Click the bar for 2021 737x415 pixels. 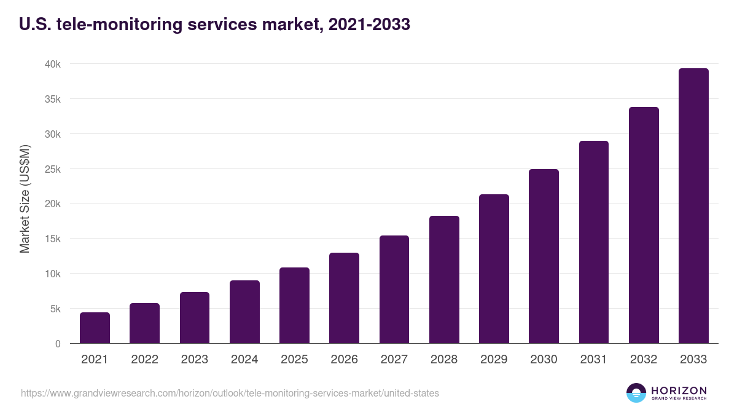(x=95, y=328)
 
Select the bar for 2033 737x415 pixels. (x=693, y=206)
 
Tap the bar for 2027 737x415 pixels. (x=394, y=290)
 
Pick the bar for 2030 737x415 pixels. (x=544, y=256)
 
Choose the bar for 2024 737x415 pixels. (x=244, y=312)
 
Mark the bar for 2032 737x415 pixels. (x=644, y=225)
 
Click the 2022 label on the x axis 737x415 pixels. (x=144, y=360)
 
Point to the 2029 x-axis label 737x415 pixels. (x=494, y=360)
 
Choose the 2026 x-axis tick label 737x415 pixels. (x=344, y=360)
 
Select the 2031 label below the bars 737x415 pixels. (x=593, y=360)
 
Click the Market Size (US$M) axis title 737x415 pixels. (x=25, y=198)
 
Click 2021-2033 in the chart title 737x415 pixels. (x=369, y=25)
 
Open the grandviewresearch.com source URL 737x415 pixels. (x=230, y=393)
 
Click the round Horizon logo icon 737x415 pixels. (x=636, y=393)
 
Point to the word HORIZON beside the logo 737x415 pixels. (x=679, y=390)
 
